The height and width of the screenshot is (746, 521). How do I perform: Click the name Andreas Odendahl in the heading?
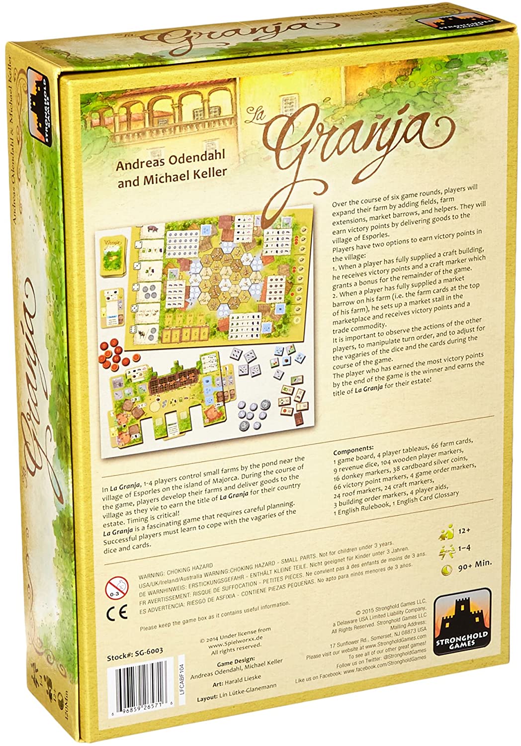point(170,155)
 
